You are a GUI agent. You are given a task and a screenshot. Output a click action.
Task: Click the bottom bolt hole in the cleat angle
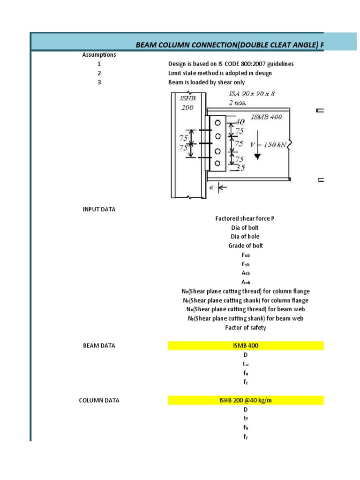(x=217, y=164)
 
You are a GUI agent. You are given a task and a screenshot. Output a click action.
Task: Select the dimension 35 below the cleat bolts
(x=240, y=167)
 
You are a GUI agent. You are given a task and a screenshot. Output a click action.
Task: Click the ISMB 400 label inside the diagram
(x=267, y=117)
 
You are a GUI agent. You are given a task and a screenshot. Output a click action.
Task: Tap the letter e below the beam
(x=211, y=188)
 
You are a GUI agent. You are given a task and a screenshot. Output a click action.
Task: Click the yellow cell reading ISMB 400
(x=245, y=346)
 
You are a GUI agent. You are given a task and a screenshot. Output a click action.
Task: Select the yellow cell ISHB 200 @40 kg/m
(x=245, y=400)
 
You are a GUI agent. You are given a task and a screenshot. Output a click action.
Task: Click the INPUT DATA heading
(x=99, y=210)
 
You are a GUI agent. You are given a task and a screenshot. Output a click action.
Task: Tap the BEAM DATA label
(x=99, y=346)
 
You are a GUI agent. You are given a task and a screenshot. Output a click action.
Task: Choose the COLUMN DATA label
(x=99, y=400)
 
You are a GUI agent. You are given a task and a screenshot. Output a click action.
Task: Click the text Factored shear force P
(x=245, y=218)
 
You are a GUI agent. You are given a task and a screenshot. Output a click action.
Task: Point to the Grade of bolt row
(x=245, y=246)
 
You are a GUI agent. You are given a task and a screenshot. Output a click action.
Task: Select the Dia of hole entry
(x=245, y=237)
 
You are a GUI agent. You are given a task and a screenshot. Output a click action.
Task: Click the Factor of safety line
(x=245, y=328)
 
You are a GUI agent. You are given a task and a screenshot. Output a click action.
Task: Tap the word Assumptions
(x=99, y=55)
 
